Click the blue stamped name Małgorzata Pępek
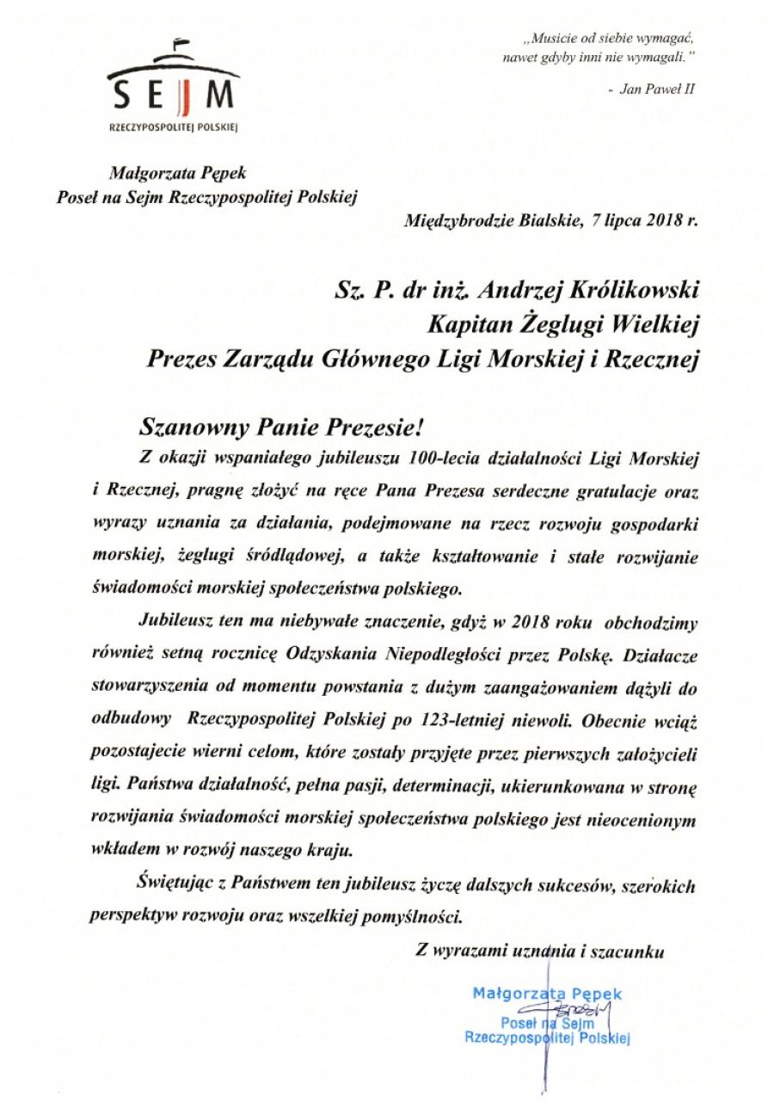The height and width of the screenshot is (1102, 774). coord(547,994)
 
